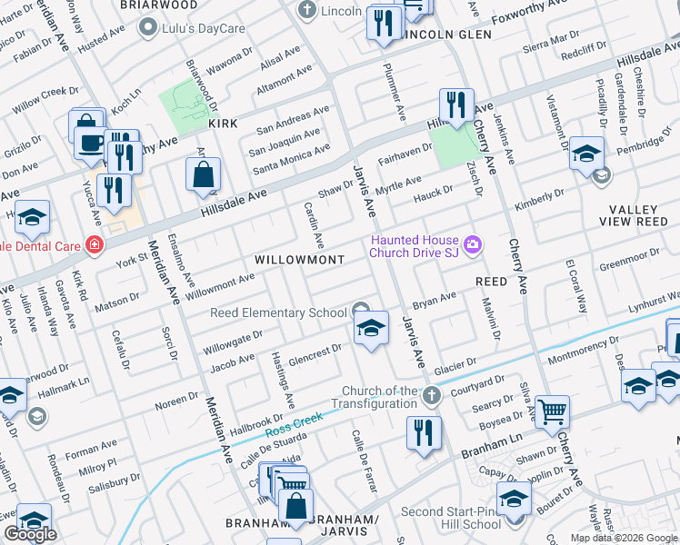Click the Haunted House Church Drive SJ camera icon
[x=473, y=243]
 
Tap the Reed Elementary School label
[x=278, y=313]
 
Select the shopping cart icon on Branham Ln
[x=552, y=411]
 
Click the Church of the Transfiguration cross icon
[x=432, y=395]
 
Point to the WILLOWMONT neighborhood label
[x=299, y=260]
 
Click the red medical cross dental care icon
[x=94, y=244]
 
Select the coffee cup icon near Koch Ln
[x=90, y=142]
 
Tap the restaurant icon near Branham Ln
[x=424, y=431]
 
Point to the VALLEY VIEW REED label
[x=639, y=215]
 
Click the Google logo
[x=30, y=534]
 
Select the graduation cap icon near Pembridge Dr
[x=586, y=153]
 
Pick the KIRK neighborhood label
[x=223, y=123]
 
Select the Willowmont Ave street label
[x=221, y=285]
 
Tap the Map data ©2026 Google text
[x=624, y=538]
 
